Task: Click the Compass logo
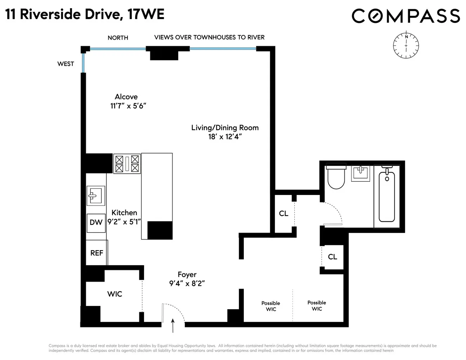(406, 16)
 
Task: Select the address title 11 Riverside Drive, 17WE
(85, 15)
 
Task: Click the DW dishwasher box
(96, 223)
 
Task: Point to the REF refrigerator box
(97, 253)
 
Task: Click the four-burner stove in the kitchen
(127, 163)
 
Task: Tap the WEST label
(66, 64)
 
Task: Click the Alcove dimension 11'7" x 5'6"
(126, 105)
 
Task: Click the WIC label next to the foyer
(115, 294)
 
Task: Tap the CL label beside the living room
(283, 214)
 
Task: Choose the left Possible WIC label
(271, 306)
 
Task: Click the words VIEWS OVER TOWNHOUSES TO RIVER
(209, 37)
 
